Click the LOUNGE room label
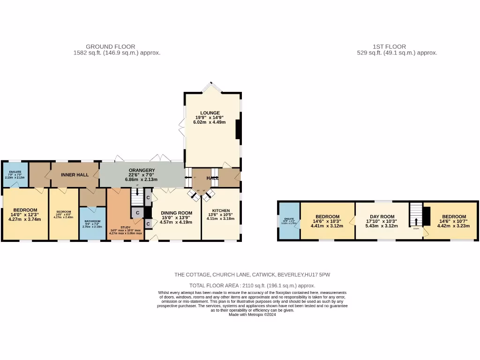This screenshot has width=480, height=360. [209, 112]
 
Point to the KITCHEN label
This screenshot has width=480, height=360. [221, 210]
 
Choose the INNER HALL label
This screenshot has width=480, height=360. [75, 175]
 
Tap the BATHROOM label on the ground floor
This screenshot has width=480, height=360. [92, 221]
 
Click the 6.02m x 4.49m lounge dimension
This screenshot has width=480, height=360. [209, 122]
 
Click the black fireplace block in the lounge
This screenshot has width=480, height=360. [239, 129]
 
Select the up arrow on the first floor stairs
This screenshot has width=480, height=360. [416, 221]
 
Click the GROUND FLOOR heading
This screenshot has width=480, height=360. [110, 47]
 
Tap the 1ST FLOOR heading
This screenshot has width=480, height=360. [389, 47]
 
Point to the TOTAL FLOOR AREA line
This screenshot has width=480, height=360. [252, 285]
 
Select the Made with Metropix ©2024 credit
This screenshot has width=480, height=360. [252, 315]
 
